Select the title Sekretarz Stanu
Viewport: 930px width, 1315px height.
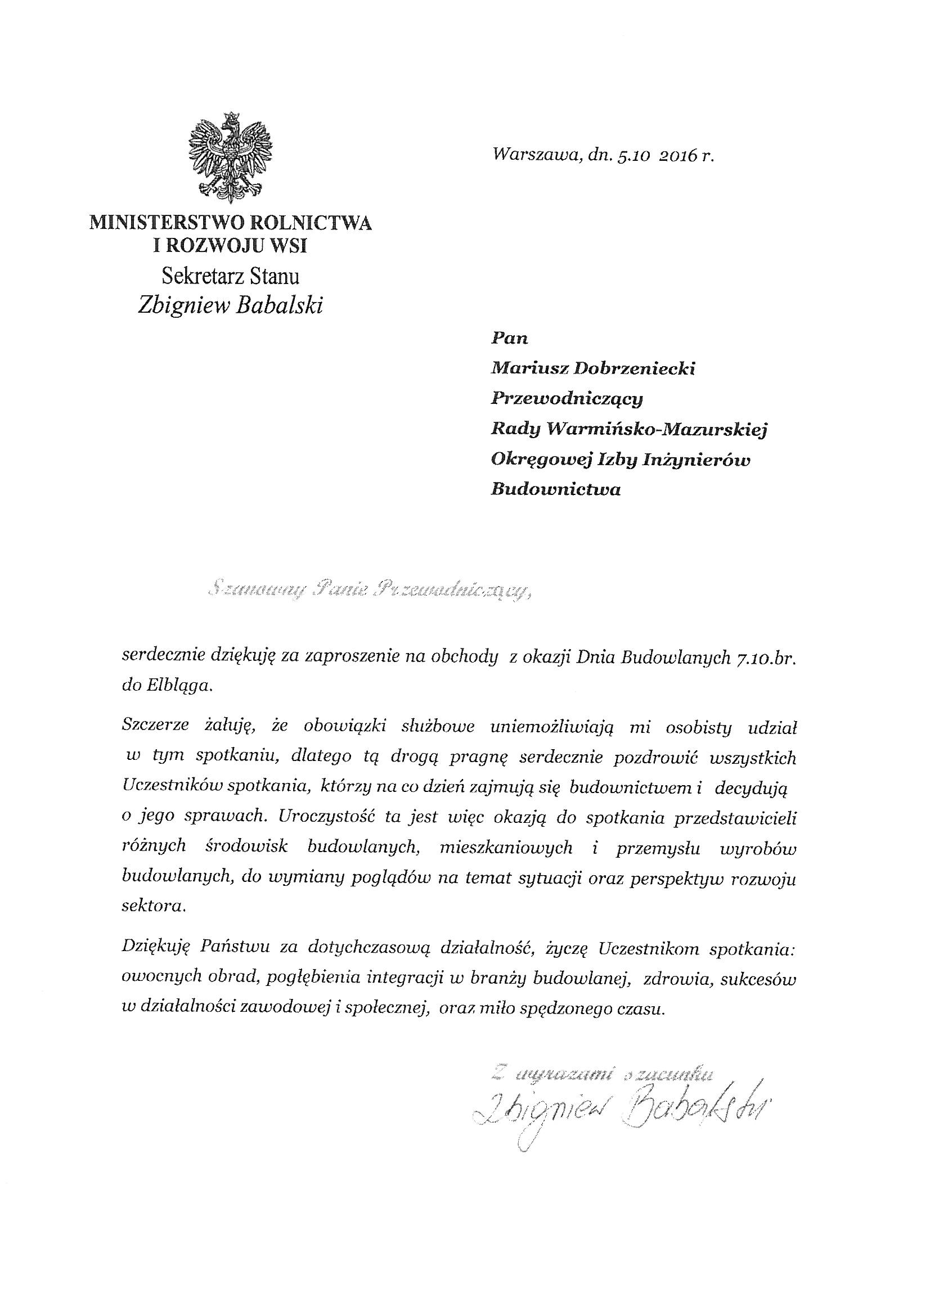coord(230,277)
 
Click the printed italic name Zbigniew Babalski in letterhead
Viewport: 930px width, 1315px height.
coord(230,306)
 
